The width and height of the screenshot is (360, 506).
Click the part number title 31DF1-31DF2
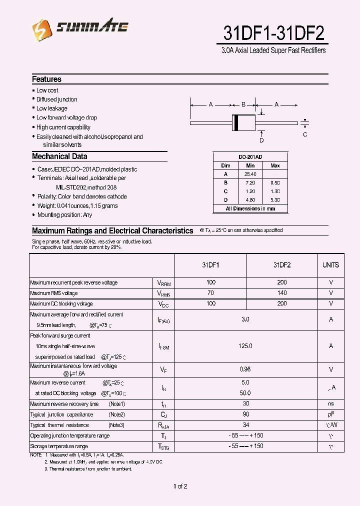tap(273, 33)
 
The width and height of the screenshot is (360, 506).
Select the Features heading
tap(46, 79)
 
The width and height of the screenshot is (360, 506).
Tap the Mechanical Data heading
tap(59, 156)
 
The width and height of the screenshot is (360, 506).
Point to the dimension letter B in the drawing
tap(243, 104)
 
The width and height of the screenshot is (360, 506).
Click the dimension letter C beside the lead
tap(305, 134)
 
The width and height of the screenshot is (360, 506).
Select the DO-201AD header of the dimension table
tap(250, 157)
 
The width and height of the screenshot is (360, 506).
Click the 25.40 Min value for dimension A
tap(250, 174)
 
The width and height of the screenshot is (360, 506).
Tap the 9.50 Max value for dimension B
tap(275, 182)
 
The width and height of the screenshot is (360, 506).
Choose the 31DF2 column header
tap(282, 265)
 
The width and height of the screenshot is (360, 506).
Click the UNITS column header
tap(330, 265)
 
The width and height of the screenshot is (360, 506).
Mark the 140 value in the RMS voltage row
tap(282, 293)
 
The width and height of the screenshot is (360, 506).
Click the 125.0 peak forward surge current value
tap(245, 345)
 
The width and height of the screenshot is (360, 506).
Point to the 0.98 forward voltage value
tap(245, 369)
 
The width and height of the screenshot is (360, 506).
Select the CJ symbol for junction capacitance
tap(163, 414)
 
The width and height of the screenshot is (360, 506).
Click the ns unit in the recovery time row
tap(330, 403)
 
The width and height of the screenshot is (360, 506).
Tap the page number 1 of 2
tap(180, 486)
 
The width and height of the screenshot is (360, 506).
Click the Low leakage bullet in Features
tap(51, 108)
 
